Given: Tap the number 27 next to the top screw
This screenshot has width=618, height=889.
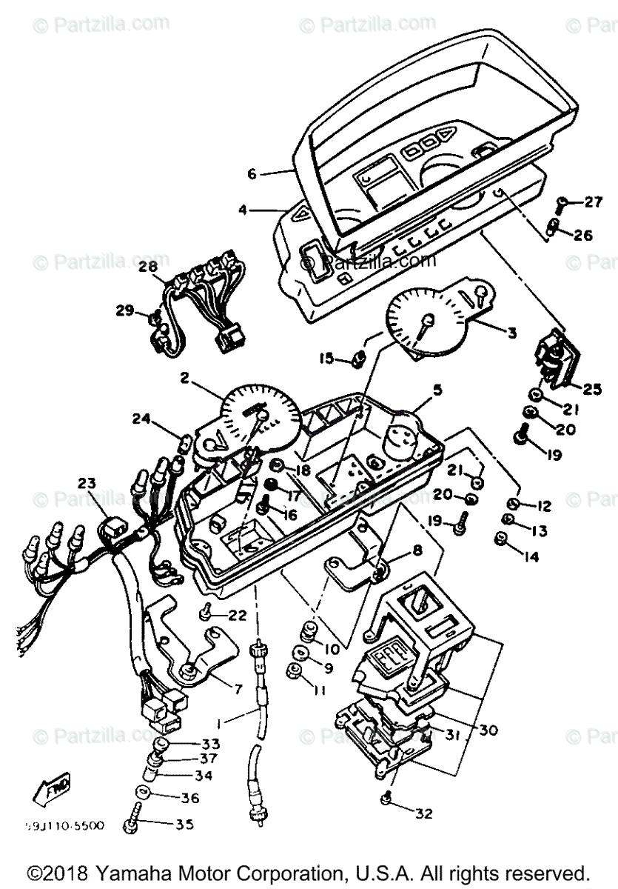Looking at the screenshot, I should coord(594,202).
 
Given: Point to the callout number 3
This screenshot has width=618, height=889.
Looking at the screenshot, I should coord(511,334).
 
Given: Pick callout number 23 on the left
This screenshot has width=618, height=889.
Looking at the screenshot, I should coord(87,484).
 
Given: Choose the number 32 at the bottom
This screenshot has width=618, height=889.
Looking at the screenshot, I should coord(423,813).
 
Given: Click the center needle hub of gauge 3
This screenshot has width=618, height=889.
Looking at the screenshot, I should coord(427,319).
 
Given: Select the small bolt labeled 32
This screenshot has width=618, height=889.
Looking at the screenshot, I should coord(386,798).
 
